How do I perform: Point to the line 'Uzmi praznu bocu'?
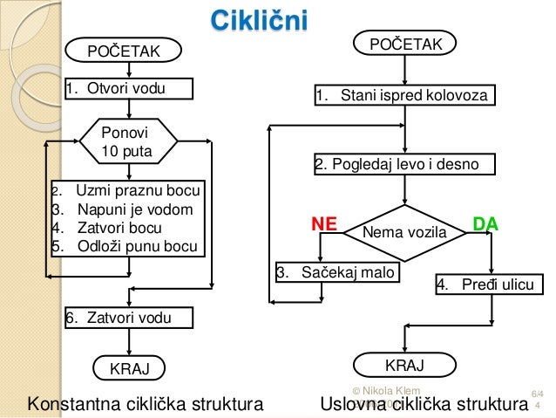coord(137,191)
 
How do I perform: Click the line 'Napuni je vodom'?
coord(134,209)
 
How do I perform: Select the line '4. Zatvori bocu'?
coord(119,227)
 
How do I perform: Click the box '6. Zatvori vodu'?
coord(119,318)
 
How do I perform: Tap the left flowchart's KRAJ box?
coord(128,369)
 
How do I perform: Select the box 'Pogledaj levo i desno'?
coord(403,164)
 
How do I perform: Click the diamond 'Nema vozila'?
coord(403,233)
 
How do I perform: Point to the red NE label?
coord(324,224)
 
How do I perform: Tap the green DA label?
coord(485,224)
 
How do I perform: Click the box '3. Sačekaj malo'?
coord(336,272)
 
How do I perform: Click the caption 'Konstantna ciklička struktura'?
coord(146,404)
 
